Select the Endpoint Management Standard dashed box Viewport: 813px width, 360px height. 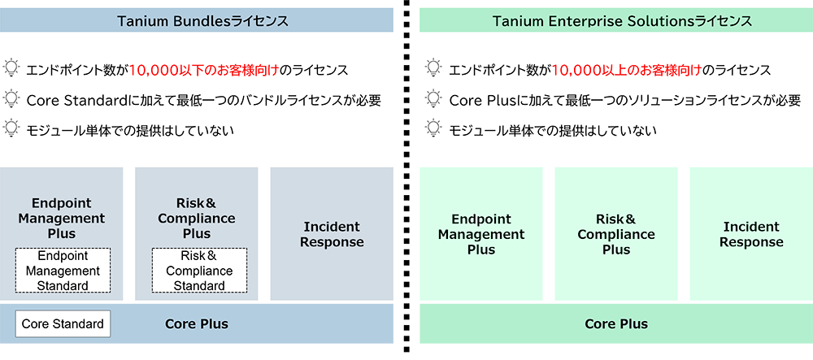coord(63,271)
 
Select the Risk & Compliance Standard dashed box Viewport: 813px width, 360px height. coord(199,271)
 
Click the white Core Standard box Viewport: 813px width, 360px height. coord(63,324)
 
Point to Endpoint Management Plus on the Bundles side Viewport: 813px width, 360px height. coord(67,219)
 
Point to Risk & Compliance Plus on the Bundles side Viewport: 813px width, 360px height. coord(196,219)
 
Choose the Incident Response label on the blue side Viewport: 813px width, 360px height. coord(333,234)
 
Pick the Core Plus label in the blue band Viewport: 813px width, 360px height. coord(196,324)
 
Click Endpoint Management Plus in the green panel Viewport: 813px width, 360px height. coord(481,234)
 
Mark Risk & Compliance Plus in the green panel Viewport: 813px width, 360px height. coord(615,234)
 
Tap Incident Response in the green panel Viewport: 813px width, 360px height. coord(750,234)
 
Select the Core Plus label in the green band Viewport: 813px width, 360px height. coord(615,324)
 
